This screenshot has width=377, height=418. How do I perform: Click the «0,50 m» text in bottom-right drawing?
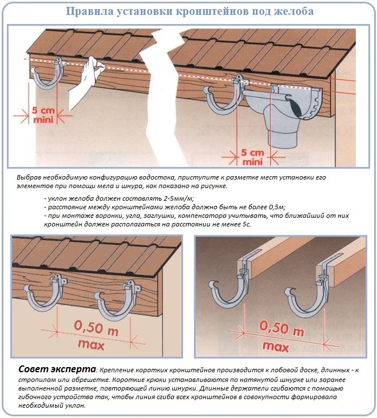[281, 328]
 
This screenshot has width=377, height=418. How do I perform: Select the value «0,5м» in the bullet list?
[275, 206]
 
